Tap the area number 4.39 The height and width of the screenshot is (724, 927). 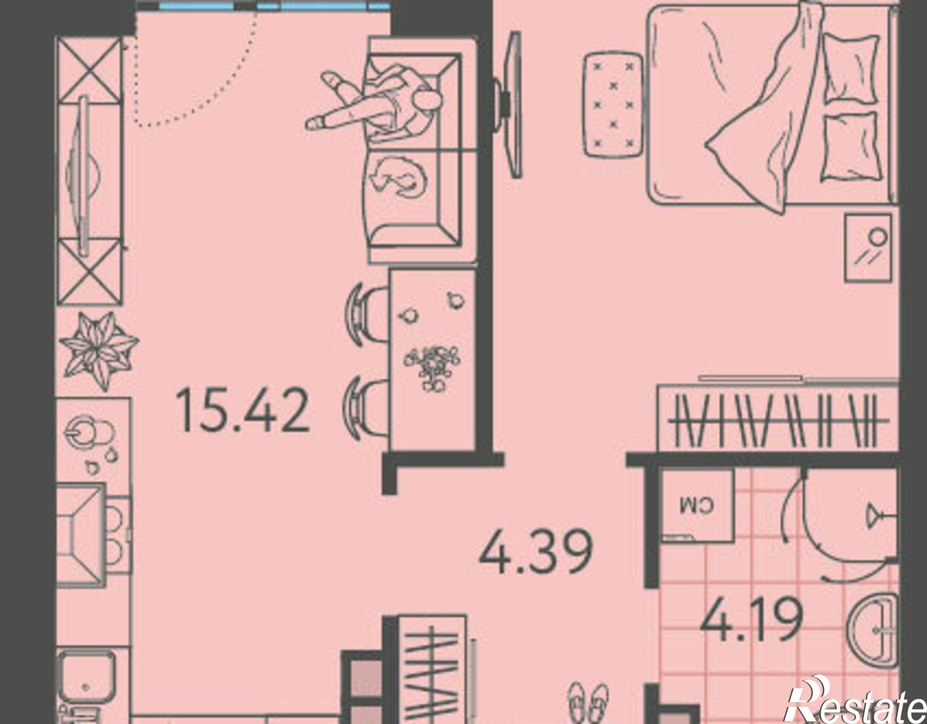[536, 552]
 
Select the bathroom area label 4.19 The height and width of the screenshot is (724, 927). [751, 619]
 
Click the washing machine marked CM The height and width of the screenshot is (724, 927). [697, 506]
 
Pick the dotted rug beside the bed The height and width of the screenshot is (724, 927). [612, 105]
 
